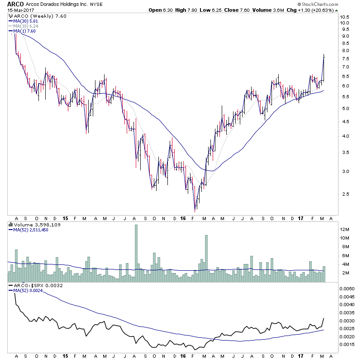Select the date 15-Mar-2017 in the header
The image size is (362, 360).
(x=20, y=11)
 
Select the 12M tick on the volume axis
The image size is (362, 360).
(x=344, y=230)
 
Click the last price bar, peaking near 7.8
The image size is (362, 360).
(x=324, y=68)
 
